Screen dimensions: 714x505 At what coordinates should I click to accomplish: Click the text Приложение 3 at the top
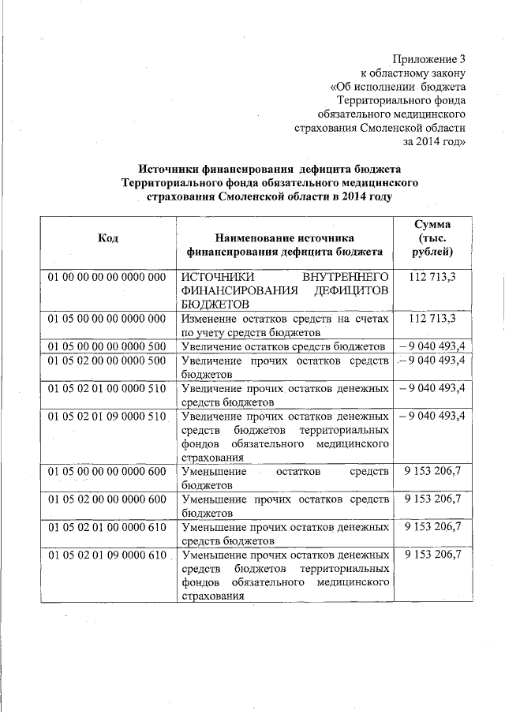click(429, 59)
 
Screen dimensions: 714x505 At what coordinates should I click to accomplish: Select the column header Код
click(107, 237)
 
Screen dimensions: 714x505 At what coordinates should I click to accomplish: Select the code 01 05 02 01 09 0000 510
click(107, 416)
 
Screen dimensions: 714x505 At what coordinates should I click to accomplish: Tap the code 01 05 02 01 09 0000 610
click(107, 555)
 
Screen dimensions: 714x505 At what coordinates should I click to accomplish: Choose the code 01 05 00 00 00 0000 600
click(107, 471)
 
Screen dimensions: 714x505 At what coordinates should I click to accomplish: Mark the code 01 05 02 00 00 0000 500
click(107, 361)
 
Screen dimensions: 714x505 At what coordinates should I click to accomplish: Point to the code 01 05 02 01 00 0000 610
click(107, 527)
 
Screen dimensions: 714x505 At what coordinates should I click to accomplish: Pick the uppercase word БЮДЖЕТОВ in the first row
click(215, 304)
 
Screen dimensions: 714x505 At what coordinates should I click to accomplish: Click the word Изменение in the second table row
click(208, 318)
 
